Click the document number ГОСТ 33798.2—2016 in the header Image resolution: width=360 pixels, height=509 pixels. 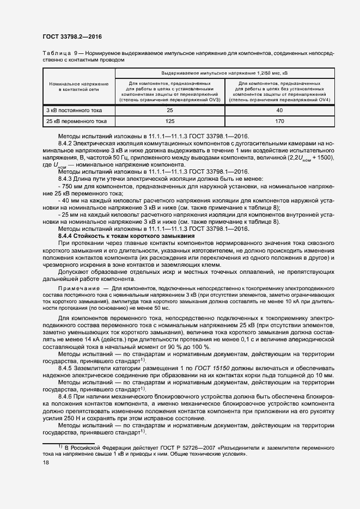[72, 37]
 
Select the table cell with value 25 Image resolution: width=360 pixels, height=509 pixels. [169, 111]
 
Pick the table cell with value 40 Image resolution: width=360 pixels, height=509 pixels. [279, 111]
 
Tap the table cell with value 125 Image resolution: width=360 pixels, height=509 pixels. [169, 121]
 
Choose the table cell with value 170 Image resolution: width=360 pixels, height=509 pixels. [279, 121]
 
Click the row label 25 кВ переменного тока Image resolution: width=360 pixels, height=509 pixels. [76, 121]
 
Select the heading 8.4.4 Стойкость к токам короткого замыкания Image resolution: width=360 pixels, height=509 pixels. [126, 236]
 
